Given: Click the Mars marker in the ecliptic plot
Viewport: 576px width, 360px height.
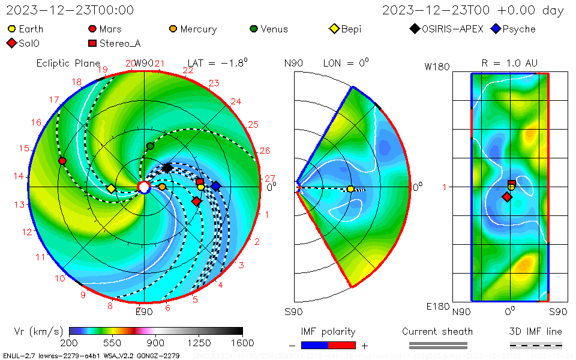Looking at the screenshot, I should [62, 161].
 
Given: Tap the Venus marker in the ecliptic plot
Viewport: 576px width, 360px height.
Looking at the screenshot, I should [150, 146].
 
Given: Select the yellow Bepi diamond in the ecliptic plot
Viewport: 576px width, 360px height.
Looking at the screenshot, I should [111, 188].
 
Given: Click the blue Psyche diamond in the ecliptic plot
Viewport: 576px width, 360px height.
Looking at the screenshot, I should [215, 186].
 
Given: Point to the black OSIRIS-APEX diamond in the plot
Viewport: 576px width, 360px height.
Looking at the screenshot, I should [167, 167].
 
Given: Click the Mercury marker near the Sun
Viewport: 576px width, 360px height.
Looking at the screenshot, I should [162, 187].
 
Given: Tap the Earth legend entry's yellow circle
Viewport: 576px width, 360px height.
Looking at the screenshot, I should [11, 29].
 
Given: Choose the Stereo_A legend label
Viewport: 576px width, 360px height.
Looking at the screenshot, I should [119, 43].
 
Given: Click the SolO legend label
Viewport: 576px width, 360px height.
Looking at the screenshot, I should [30, 43].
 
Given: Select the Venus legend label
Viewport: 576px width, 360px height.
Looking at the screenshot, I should [274, 29].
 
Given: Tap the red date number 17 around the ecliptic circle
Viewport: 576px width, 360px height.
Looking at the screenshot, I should [55, 100].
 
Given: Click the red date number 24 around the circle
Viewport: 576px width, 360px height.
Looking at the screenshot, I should [236, 102].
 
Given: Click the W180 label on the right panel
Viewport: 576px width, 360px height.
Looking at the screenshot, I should [437, 67].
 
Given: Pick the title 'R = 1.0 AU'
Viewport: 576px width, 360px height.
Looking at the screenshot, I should [509, 63].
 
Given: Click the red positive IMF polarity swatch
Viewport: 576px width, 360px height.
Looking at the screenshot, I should [342, 345].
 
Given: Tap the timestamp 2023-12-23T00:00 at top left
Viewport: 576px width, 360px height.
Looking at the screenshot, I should [70, 10].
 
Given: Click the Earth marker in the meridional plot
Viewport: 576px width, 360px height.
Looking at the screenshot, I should [350, 189].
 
